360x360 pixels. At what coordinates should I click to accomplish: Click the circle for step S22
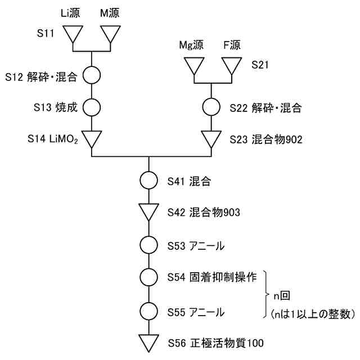(x=211, y=106)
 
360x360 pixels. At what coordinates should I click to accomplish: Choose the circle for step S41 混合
(x=149, y=181)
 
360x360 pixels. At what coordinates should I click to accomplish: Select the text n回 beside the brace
(x=282, y=294)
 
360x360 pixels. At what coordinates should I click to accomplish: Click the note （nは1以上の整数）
(x=313, y=314)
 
